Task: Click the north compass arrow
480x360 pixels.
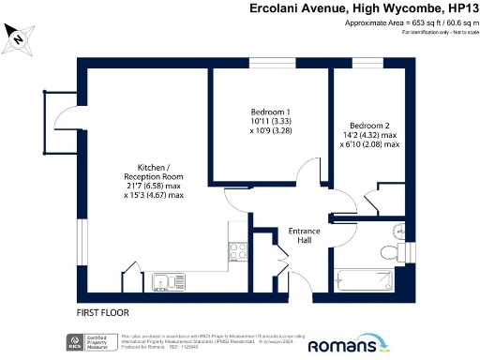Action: click(17, 39)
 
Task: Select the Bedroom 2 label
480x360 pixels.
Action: click(372, 126)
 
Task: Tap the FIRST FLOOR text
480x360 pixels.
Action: click(103, 312)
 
